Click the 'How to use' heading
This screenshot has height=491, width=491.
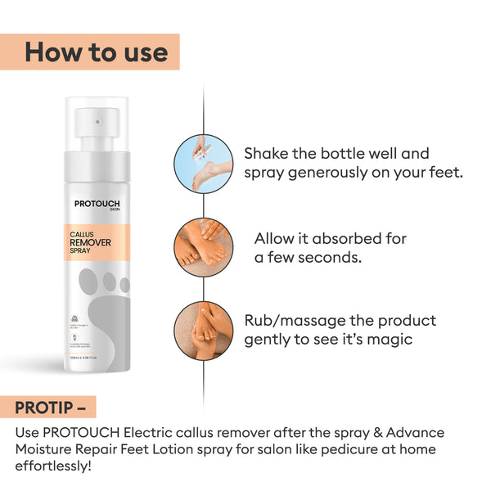(x=96, y=52)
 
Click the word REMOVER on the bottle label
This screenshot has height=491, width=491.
(x=95, y=243)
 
